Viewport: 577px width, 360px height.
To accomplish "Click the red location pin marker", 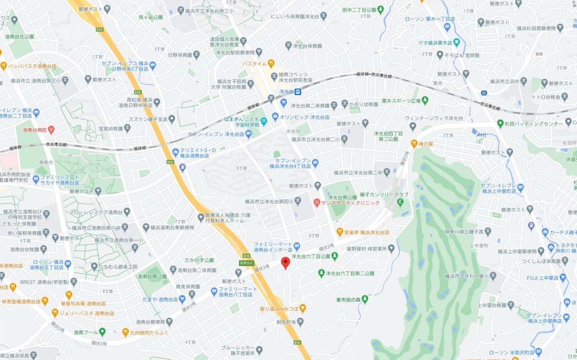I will [x=285, y=262].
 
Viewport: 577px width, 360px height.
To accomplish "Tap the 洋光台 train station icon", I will [x=298, y=91].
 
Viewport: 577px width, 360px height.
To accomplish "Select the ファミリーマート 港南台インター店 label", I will [x=273, y=247].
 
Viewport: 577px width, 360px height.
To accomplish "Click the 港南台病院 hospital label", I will [x=35, y=130].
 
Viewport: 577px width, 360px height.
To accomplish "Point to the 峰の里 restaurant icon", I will [x=414, y=143].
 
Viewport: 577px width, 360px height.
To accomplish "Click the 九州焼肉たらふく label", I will [x=148, y=332].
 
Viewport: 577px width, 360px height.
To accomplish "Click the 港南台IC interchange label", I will [x=246, y=263].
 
